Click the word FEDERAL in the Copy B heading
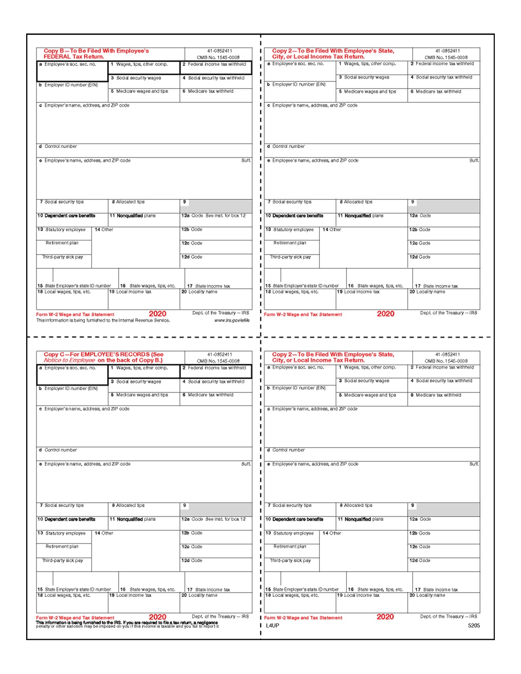[57, 57]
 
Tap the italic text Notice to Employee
[69, 360]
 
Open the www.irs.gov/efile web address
[232, 320]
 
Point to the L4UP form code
[273, 625]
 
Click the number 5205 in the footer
[474, 625]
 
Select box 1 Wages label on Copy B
[141, 64]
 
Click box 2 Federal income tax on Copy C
[217, 368]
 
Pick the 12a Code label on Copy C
[192, 519]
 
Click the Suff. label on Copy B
[246, 161]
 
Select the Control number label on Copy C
[60, 450]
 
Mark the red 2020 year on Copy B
[157, 314]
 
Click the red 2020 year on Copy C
[157, 617]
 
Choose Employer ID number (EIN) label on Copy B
[71, 85]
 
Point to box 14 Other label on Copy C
[104, 533]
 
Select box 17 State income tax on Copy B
[212, 286]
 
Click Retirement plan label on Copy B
[62, 243]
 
